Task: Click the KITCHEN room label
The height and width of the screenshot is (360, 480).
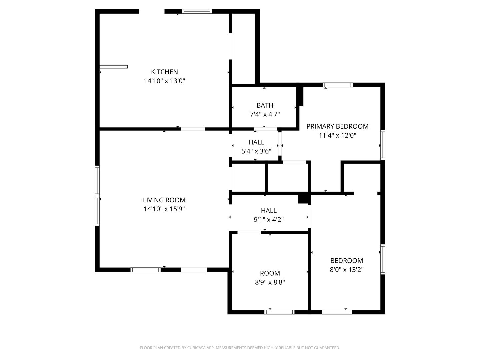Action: click(x=164, y=72)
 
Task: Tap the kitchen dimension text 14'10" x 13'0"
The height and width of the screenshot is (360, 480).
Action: click(x=164, y=81)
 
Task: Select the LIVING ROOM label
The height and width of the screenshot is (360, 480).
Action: click(x=164, y=200)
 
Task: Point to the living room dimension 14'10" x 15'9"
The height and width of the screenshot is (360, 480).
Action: click(x=164, y=209)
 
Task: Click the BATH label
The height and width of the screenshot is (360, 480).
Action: click(x=265, y=105)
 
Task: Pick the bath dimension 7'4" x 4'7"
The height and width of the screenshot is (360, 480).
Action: click(x=265, y=114)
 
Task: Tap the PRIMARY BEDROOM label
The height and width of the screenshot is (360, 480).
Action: click(x=337, y=126)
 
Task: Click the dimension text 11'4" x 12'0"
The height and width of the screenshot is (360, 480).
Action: click(x=337, y=136)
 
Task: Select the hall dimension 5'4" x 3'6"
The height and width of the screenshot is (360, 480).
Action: click(x=256, y=151)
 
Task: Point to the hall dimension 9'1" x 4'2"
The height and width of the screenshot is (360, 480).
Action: click(x=269, y=220)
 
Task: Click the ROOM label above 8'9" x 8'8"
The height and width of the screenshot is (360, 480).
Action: click(x=270, y=273)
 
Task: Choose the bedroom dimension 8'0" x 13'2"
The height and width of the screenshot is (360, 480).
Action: click(x=347, y=270)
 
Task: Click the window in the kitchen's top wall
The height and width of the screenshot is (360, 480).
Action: click(x=197, y=11)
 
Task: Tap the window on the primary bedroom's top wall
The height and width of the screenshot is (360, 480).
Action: click(x=338, y=85)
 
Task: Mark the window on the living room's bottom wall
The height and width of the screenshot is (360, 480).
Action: click(x=145, y=270)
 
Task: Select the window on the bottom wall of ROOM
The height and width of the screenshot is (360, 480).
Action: click(x=279, y=312)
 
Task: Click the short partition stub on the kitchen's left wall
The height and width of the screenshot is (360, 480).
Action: click(x=113, y=67)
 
